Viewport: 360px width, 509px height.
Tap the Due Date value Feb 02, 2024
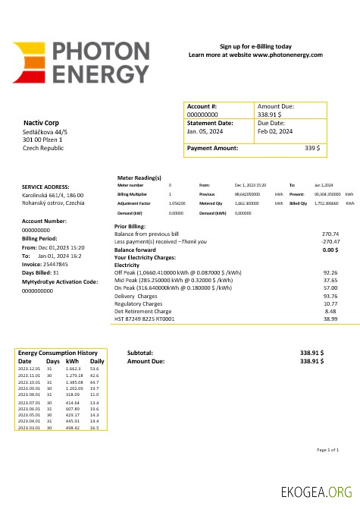pos(275,130)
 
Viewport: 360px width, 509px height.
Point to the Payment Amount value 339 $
pos(312,148)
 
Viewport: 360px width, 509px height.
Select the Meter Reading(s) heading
pos(139,177)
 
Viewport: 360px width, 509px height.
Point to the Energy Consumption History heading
pos(58,353)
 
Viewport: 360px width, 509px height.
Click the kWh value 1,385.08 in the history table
pos(74,382)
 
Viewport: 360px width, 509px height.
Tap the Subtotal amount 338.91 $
pos(311,353)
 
